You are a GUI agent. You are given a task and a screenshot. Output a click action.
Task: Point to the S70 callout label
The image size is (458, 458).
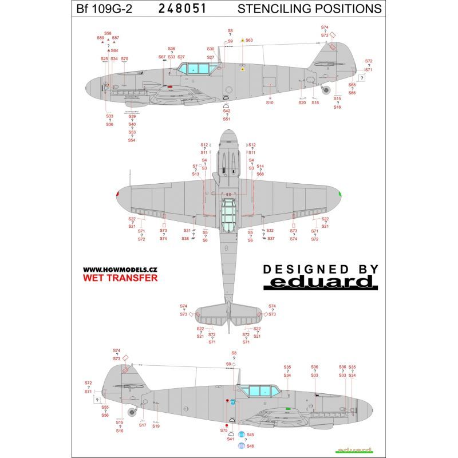pos(125,58)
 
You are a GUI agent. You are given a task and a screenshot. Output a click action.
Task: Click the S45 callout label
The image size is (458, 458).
pos(251,435)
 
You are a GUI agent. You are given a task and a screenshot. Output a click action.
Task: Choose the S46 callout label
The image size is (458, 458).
pos(251,445)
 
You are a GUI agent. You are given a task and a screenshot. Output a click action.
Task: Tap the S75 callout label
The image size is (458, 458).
pos(224,430)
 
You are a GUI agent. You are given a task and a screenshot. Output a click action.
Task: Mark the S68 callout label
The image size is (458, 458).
pos(260,173)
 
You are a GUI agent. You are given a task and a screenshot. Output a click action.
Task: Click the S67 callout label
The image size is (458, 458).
pos(162,57)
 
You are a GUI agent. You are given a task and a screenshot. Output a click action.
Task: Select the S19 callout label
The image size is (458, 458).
pos(156,426)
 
